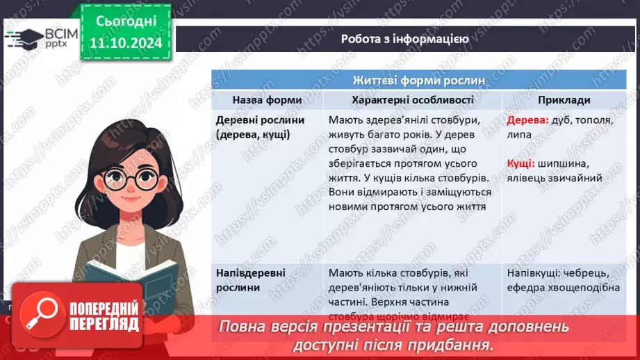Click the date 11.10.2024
tap(125, 44)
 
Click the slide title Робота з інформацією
tap(404, 39)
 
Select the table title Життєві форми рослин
tap(419, 81)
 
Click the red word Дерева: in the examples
tap(528, 120)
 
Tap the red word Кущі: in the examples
tap(520, 163)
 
